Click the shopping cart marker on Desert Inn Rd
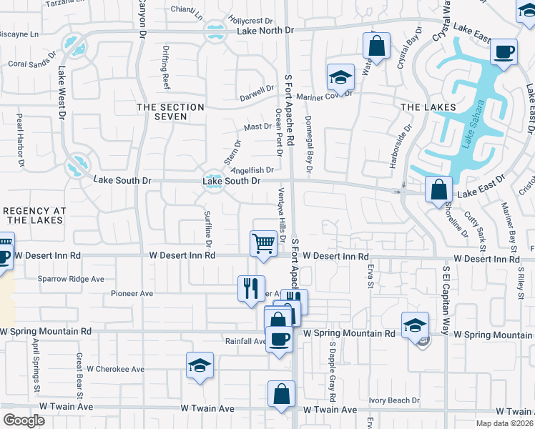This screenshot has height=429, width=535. tap(264, 244)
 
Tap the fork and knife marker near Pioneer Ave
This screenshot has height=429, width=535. tap(251, 289)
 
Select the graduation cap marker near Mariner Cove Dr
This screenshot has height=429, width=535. tap(341, 77)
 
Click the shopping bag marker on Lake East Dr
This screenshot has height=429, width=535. tap(439, 190)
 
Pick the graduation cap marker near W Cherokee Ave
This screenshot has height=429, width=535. tap(200, 366)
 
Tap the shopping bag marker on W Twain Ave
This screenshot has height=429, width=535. tap(282, 394)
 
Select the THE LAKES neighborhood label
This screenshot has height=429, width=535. tap(428, 107)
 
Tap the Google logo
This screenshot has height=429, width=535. tap(24, 420)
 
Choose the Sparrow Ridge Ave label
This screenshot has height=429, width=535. tap(71, 279)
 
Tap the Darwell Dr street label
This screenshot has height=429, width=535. tap(257, 93)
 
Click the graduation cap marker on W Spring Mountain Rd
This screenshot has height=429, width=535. tap(415, 326)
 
